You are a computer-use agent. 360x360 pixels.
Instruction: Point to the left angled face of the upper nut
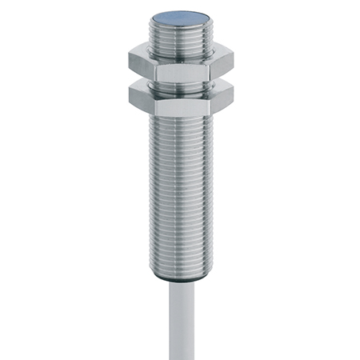[x=142, y=62]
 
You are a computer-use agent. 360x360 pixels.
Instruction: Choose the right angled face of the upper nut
[x=222, y=62]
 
